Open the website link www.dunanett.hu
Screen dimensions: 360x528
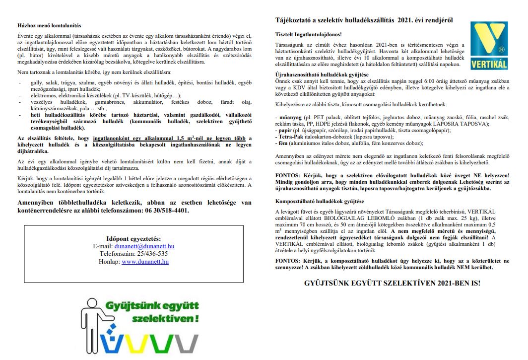pos(145,261)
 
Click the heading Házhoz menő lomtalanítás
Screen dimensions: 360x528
pos(49,25)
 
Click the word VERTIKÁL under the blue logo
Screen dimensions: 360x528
pos(488,66)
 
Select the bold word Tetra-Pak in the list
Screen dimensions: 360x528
pos(288,136)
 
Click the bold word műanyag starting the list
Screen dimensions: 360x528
pos(287,117)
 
